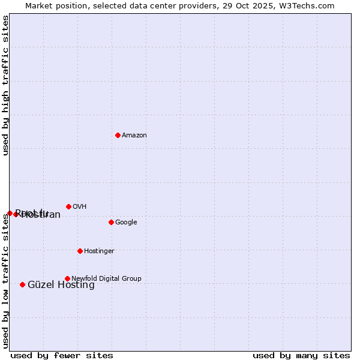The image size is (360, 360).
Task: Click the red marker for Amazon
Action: coord(118,135)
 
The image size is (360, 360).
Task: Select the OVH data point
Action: coord(68,206)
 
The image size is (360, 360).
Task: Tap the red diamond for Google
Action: coord(111,222)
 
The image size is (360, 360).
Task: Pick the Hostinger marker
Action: coord(80,251)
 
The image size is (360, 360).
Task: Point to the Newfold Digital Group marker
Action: coord(67,278)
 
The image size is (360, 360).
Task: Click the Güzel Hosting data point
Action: coord(22,284)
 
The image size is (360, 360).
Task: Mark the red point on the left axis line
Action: coord(10,213)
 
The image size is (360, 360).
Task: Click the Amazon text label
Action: coord(134,136)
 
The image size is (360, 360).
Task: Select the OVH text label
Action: coord(80,207)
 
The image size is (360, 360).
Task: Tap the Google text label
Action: coord(126,223)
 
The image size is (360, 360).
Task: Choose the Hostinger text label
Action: coord(99,251)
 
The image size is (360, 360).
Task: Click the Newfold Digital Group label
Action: coord(106,279)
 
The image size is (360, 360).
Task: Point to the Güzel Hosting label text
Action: coord(61,285)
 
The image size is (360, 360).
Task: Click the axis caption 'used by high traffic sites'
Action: coord(5,85)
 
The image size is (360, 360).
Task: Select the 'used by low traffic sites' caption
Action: coord(5,280)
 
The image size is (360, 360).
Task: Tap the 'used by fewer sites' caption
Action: coord(62,356)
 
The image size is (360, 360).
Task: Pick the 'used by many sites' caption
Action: coord(301,356)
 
